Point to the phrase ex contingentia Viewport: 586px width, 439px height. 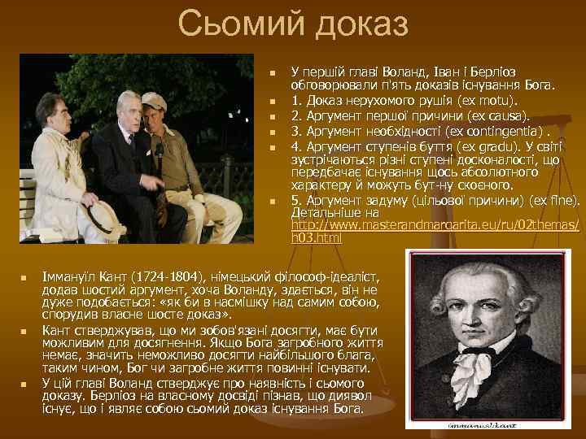(x=506, y=131)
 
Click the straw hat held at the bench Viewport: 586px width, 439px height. (x=107, y=215)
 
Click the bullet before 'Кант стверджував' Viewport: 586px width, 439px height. (x=25, y=332)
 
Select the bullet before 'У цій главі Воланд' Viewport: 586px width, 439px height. (x=25, y=384)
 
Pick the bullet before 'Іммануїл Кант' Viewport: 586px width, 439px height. (x=25, y=279)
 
